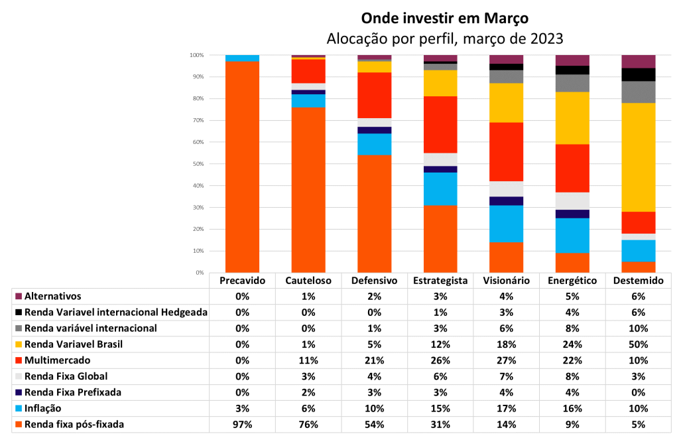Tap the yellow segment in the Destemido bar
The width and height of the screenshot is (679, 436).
[638, 157]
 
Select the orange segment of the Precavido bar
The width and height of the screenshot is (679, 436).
[243, 167]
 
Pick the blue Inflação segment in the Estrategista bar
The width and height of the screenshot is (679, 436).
[440, 189]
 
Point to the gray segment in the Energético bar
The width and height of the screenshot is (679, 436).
[572, 83]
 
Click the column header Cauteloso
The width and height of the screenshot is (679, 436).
[308, 281]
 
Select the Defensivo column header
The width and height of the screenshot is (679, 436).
[374, 281]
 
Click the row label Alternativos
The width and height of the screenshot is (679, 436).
[53, 297]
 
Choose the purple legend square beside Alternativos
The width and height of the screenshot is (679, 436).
[19, 297]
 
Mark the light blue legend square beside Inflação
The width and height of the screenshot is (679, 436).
[19, 409]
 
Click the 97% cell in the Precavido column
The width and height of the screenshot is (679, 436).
[243, 425]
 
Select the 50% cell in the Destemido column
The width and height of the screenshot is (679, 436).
[639, 344]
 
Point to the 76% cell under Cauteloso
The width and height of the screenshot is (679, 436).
[308, 425]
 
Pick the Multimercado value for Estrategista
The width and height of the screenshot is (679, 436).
[440, 360]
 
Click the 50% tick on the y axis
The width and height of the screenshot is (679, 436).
[198, 164]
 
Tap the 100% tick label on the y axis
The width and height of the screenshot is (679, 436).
[197, 55]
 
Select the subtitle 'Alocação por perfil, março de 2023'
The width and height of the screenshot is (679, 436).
[445, 38]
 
